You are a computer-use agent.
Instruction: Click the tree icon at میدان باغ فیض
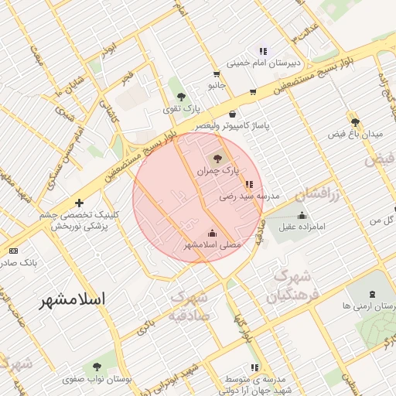point(355,121)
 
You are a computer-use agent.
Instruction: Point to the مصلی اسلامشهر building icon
point(213,233)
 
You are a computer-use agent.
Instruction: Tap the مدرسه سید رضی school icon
point(248,184)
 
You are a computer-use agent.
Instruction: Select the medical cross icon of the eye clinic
point(79,203)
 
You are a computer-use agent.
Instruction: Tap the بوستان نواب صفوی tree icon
point(97,367)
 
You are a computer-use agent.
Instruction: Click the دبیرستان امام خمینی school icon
point(263,51)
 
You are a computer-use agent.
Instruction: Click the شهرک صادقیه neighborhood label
point(188,305)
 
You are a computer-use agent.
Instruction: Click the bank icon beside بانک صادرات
point(13,251)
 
